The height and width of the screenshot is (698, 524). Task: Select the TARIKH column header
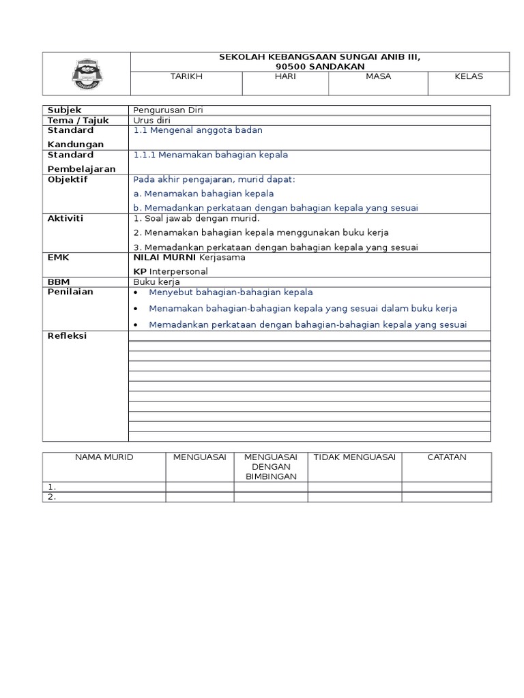[186, 76]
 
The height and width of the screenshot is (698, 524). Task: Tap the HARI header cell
[285, 76]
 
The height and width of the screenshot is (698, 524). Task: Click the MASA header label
[378, 76]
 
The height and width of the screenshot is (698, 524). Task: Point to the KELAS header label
[468, 76]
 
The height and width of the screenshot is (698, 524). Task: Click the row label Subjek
[62, 110]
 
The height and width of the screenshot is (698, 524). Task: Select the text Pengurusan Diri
[168, 110]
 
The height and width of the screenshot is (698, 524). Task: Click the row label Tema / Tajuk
[78, 121]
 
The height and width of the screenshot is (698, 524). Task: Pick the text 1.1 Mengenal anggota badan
[198, 130]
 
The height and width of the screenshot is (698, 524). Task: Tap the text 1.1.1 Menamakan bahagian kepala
[211, 155]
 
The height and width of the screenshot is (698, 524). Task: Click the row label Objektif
[68, 180]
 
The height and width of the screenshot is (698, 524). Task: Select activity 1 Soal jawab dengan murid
[196, 219]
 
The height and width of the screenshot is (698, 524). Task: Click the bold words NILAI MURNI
[164, 258]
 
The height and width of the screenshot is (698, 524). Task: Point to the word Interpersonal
[179, 271]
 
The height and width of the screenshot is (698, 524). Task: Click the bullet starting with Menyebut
[231, 292]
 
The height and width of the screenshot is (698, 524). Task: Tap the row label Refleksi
[67, 336]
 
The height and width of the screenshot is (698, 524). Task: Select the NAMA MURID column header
[104, 457]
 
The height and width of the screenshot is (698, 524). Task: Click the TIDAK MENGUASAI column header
[354, 457]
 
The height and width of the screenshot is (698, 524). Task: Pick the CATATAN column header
[446, 457]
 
